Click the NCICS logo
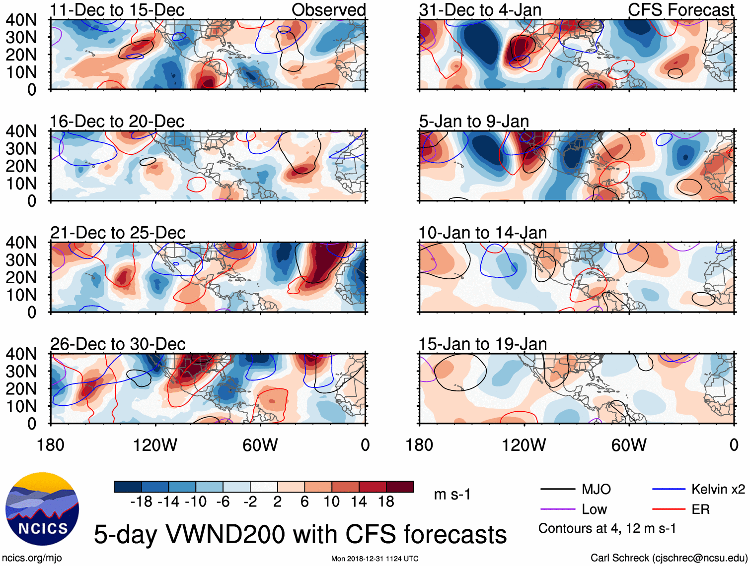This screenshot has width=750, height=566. coord(42,509)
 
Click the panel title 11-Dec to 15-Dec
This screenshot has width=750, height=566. coord(117,10)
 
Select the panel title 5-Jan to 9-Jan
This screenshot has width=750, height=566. coord(473,122)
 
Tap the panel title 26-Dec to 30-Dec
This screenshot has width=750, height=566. coord(117,344)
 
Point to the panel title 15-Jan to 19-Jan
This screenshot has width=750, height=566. coord(482,344)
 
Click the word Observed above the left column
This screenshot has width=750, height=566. coord(328,10)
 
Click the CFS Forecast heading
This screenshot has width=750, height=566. coord(680,10)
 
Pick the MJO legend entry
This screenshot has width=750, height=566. coord(596,490)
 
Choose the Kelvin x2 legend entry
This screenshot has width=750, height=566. coord(718,490)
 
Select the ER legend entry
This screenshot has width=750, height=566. coord(700,509)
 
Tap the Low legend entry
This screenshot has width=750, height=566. coord(594,509)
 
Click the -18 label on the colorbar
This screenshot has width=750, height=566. coord(141,502)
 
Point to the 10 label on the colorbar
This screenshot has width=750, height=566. coord(331,502)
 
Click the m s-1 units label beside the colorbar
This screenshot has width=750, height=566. coord(452,495)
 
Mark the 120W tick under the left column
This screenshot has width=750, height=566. coord(155,445)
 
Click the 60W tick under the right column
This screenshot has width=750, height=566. coord(629,445)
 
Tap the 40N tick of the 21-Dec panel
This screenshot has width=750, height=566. coord(21,243)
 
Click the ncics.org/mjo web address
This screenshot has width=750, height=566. coord(32,558)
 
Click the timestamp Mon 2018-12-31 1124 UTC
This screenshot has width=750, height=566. coord(375,559)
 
